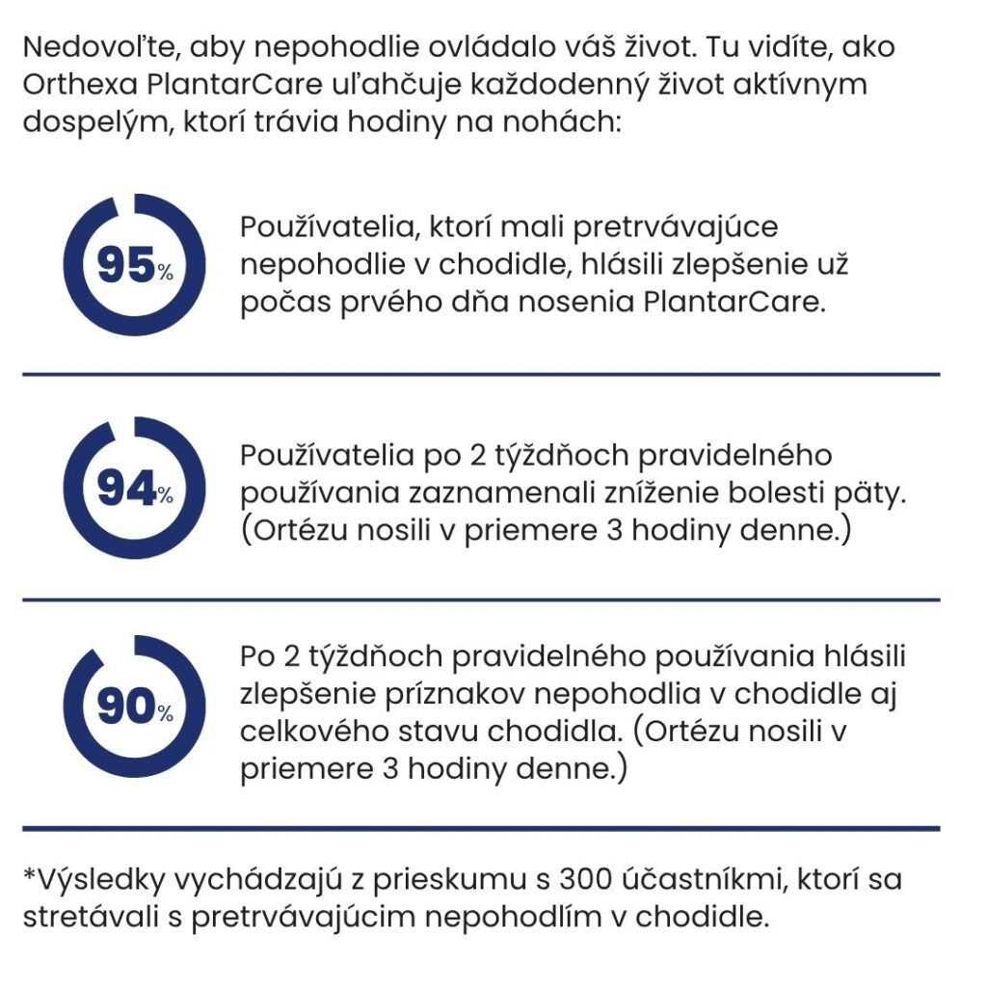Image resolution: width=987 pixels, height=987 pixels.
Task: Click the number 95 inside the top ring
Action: [x=125, y=266]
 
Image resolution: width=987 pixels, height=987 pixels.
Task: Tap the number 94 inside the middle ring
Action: [x=125, y=491]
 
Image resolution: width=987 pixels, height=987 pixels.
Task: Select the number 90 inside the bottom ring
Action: [x=125, y=708]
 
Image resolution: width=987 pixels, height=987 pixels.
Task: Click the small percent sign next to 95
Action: [x=166, y=274]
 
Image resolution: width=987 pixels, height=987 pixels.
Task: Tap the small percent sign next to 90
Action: [x=166, y=715]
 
